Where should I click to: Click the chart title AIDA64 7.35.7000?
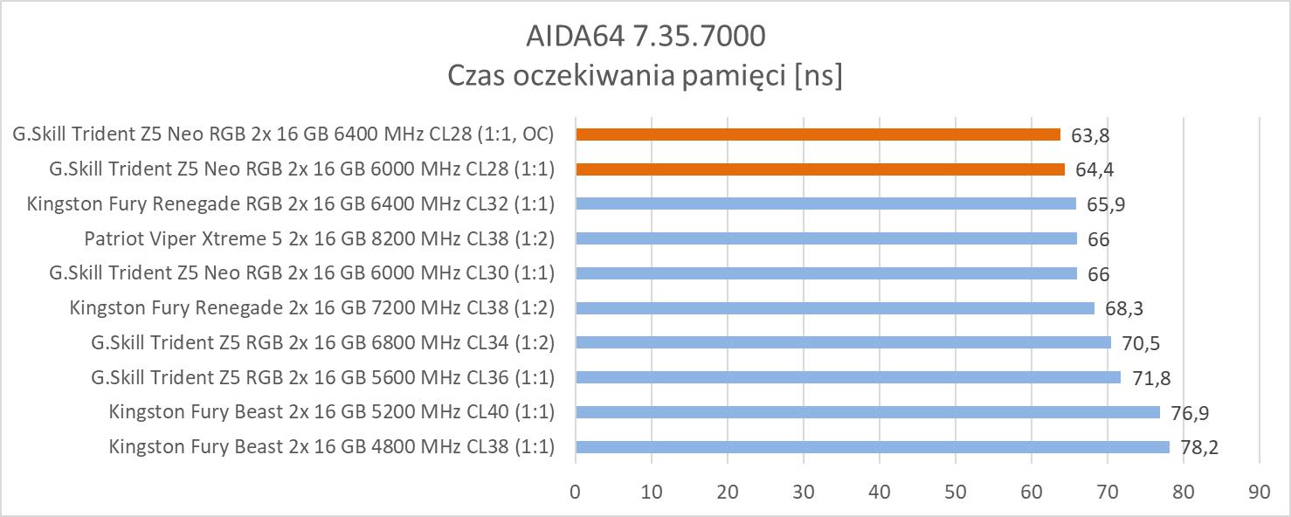645,36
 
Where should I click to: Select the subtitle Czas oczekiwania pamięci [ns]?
645,76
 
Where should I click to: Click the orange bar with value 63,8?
818,134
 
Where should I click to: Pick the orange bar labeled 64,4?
820,169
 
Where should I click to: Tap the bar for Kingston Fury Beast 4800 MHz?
872,447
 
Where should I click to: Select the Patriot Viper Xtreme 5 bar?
826,238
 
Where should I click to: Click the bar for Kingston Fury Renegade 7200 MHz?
835,307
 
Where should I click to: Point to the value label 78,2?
1199,448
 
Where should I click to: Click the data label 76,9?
1190,413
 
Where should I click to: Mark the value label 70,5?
1141,343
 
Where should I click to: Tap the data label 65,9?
1106,204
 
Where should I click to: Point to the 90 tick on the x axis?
1259,492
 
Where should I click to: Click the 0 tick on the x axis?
575,492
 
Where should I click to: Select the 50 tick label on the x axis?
955,492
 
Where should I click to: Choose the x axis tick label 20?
727,492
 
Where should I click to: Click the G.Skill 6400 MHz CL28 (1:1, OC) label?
283,134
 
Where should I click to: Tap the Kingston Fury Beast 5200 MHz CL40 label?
332,412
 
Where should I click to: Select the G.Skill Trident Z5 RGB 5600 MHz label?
322,377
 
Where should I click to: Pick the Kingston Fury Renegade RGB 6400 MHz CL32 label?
291,204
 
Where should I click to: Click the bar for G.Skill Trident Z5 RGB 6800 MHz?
843,342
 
